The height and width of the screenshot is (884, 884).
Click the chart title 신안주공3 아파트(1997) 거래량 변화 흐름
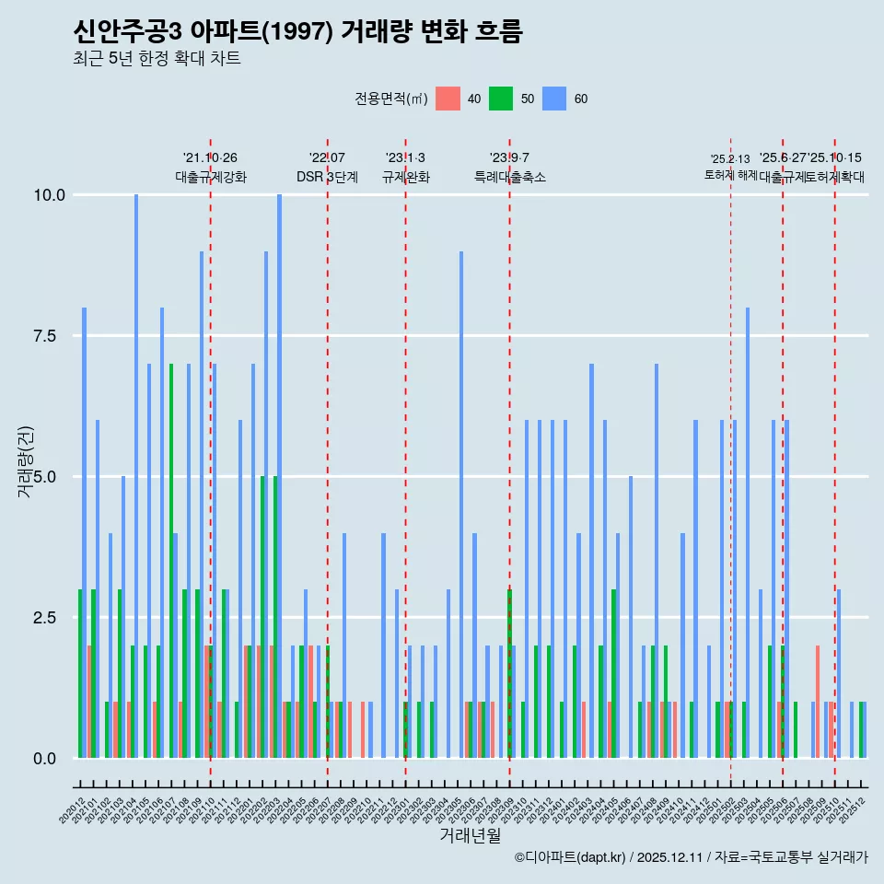point(297,32)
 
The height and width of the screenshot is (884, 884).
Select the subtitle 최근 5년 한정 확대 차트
point(157,59)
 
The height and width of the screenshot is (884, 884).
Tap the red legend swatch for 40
point(448,99)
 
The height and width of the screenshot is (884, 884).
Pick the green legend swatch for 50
point(501,99)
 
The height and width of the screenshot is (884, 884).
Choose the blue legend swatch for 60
point(554,99)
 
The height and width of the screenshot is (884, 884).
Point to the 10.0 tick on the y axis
point(49,195)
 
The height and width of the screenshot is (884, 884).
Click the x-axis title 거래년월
point(470,835)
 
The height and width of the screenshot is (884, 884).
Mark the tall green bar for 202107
point(170,561)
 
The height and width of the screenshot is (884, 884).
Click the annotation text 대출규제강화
point(211,177)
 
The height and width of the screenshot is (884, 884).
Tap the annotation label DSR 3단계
point(327,177)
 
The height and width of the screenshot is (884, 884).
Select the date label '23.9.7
point(509,158)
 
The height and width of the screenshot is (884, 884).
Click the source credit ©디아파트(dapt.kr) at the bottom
point(571,857)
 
